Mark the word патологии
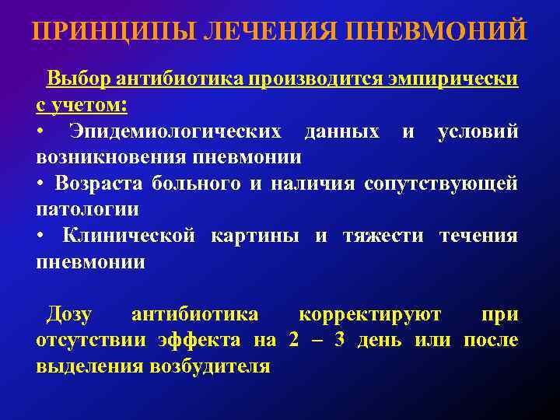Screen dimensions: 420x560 [88, 210]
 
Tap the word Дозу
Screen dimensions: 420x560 [69, 315]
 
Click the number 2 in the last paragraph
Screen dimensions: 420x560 [293, 341]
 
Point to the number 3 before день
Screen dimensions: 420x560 [338, 341]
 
